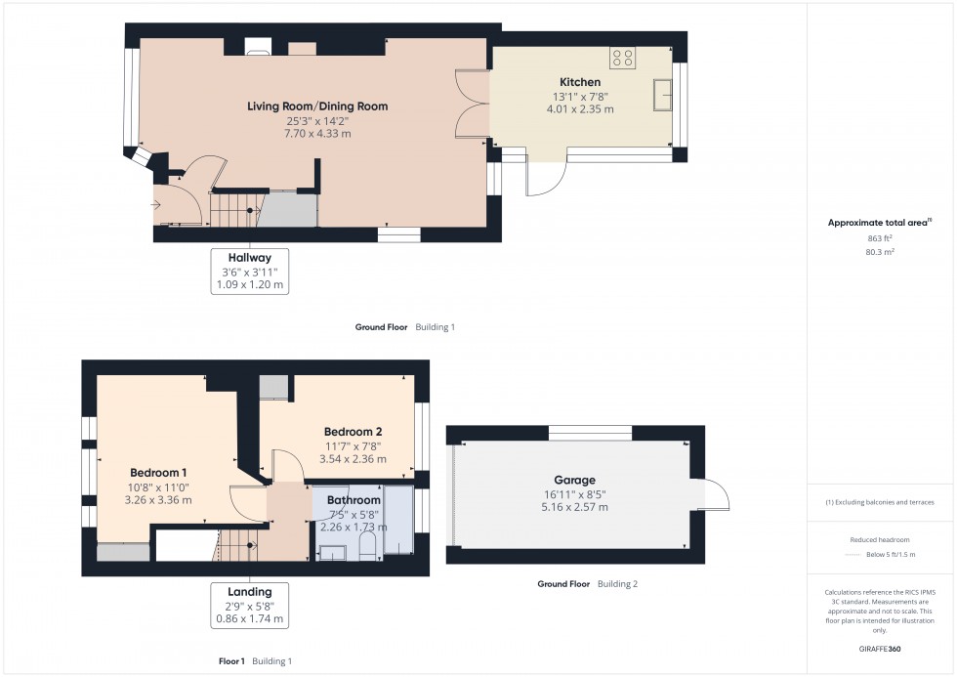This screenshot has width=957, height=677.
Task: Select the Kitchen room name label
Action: [x=580, y=82]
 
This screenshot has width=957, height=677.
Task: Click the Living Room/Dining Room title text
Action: [x=317, y=106]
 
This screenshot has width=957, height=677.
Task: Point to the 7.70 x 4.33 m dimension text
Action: [x=317, y=134]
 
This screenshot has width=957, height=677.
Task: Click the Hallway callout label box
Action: [x=249, y=271]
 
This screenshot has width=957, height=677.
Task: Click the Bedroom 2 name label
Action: [x=353, y=432]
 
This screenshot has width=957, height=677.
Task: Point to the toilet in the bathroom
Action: [x=367, y=552]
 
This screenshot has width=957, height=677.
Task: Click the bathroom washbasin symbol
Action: [x=333, y=553]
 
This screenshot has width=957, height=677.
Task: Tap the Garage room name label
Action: [x=575, y=481]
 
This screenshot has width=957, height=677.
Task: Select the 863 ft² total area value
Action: [x=867, y=238]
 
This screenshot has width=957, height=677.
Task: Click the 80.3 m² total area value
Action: [x=867, y=251]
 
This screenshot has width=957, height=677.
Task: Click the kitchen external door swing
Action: [x=547, y=177]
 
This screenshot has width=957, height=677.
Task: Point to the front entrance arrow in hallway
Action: [x=156, y=204]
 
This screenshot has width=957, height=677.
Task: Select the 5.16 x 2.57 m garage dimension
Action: [x=575, y=507]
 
